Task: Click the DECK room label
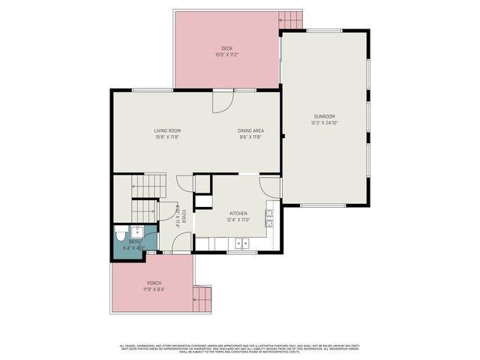(x=226, y=48)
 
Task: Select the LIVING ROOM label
(x=167, y=131)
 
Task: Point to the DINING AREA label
(x=250, y=131)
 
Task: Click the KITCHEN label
(x=238, y=213)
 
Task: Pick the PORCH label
(x=154, y=283)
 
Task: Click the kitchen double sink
(x=241, y=243)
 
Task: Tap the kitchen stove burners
(x=268, y=217)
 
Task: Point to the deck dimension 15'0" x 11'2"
(x=226, y=55)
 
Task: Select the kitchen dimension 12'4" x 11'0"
(x=238, y=220)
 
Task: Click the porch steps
(x=200, y=300)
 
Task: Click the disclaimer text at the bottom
(x=240, y=348)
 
